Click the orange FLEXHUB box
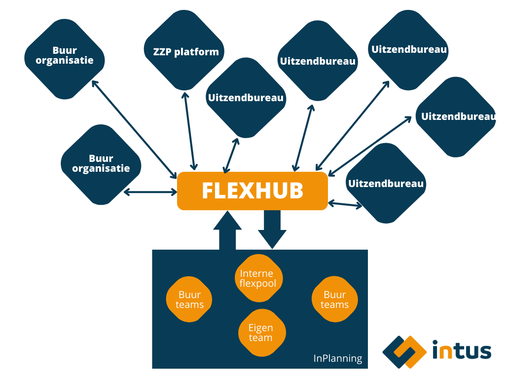[252, 191]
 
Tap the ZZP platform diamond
[182, 51]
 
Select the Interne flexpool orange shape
[258, 278]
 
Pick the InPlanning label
[337, 358]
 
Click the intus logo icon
[404, 352]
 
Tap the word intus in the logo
[462, 351]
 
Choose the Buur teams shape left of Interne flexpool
[189, 300]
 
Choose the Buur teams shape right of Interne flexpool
[334, 300]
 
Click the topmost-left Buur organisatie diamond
[65, 56]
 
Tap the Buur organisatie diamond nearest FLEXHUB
[101, 164]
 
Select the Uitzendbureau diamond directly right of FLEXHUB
[386, 184]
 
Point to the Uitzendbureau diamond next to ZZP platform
[246, 98]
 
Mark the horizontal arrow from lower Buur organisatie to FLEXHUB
[150, 191]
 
